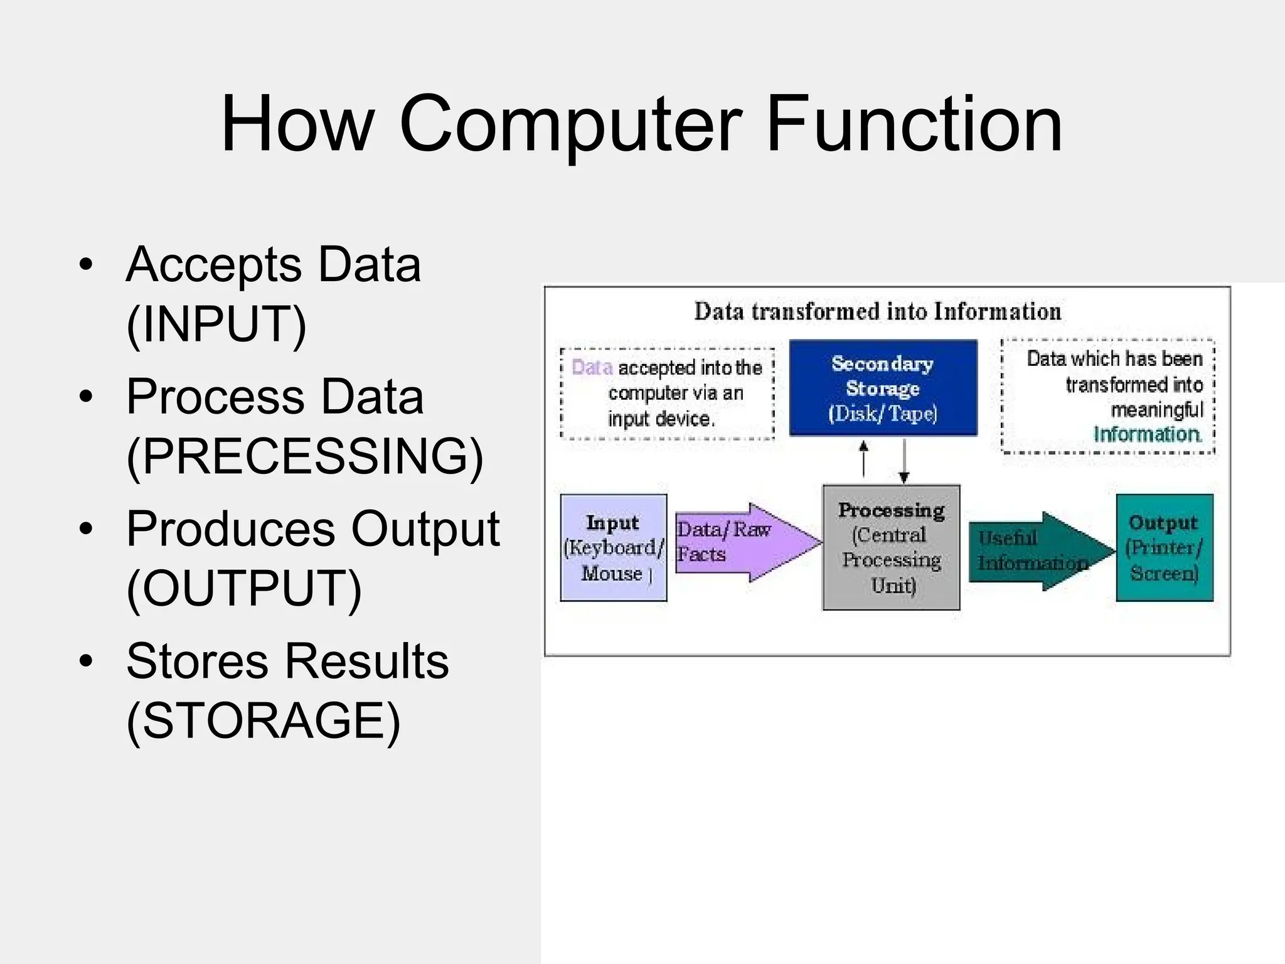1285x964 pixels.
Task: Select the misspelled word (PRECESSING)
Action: pos(305,456)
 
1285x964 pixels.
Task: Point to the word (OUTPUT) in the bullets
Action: pos(244,589)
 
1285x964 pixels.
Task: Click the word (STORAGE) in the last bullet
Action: pos(263,721)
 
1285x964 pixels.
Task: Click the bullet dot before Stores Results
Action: pos(86,661)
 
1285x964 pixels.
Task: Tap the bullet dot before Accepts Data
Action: pos(86,264)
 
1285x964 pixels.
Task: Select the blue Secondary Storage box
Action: pos(883,388)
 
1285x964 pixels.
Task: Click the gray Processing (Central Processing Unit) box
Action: pos(891,547)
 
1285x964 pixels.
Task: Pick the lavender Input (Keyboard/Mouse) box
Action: pos(613,547)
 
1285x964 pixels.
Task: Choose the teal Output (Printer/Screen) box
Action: pos(1165,547)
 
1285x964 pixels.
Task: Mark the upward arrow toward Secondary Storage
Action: pos(864,458)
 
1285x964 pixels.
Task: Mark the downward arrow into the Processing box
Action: pos(904,461)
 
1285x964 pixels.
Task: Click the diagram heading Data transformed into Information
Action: pos(877,312)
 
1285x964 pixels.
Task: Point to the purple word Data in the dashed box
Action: pos(592,367)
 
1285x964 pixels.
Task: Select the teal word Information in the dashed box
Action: pos(1147,434)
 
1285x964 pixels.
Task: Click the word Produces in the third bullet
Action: pos(230,529)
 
